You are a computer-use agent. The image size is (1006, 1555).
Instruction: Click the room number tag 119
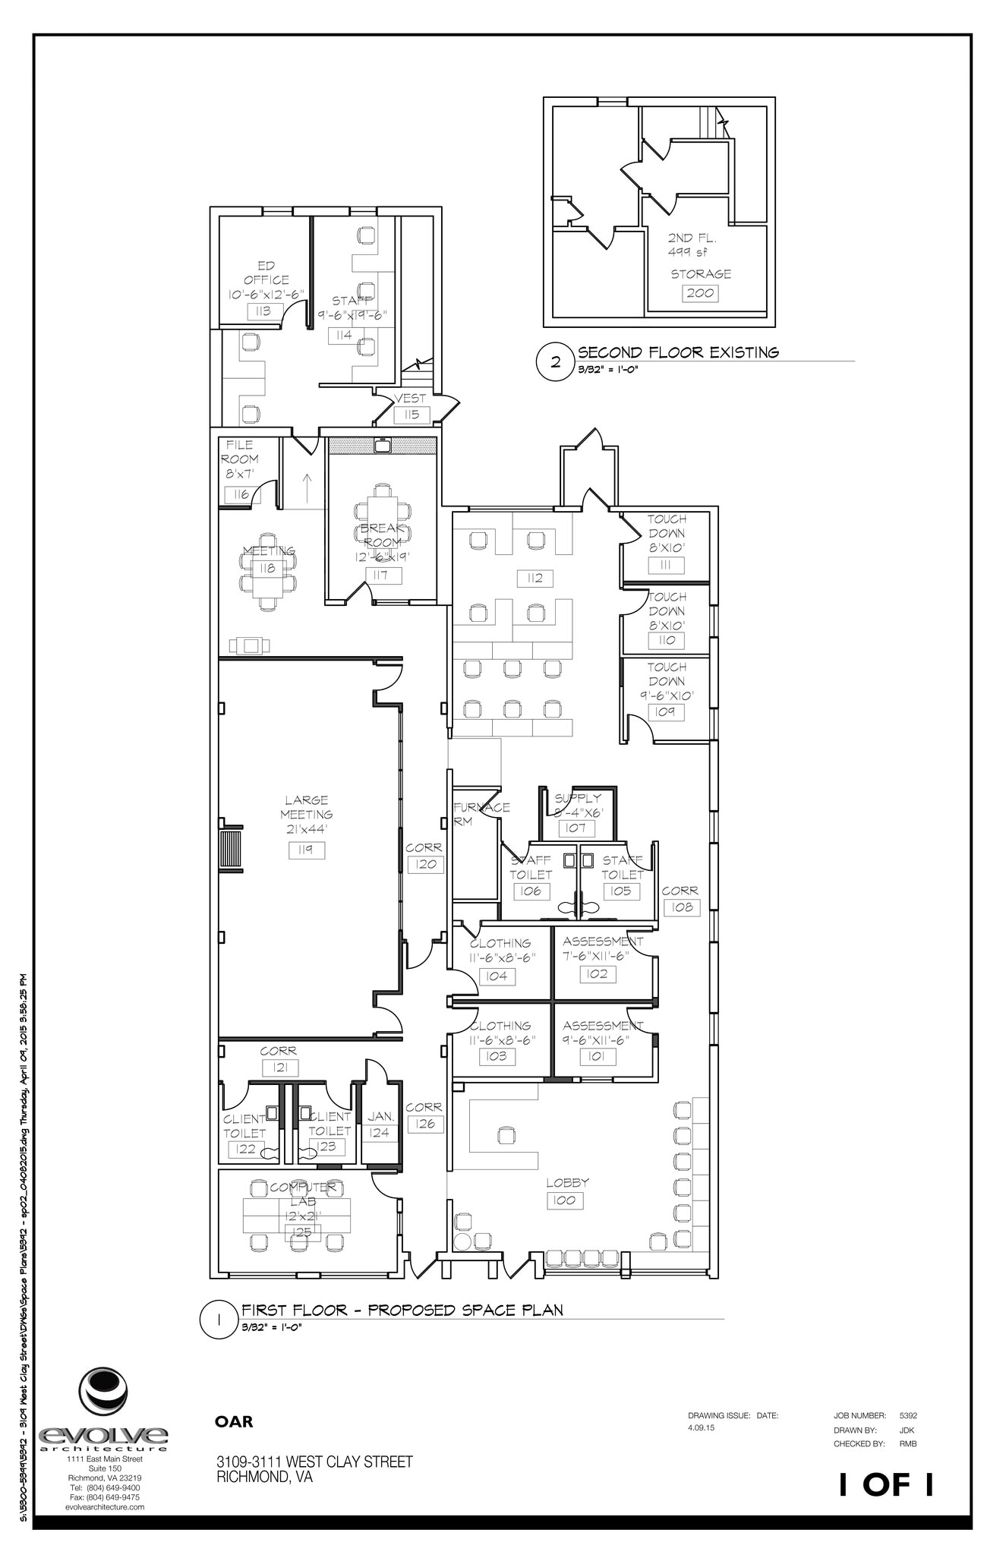[307, 850]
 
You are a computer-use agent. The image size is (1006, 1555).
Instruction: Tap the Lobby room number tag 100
[565, 1200]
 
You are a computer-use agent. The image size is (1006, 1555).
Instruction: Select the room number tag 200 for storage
[701, 293]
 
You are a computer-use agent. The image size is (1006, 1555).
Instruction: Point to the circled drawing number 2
[556, 362]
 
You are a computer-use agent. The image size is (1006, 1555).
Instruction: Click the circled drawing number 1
[219, 789]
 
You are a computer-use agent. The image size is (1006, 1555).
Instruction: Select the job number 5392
[908, 1416]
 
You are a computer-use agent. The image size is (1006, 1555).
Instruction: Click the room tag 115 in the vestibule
[412, 415]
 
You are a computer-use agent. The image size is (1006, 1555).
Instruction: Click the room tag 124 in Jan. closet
[379, 1133]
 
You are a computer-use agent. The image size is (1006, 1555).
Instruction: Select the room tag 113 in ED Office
[264, 311]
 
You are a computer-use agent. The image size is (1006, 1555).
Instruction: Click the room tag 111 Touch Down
[666, 566]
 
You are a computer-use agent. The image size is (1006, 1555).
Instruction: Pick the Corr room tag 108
[681, 907]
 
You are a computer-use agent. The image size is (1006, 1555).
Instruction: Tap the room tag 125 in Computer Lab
[302, 1232]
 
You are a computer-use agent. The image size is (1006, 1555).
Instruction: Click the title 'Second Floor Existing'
[678, 352]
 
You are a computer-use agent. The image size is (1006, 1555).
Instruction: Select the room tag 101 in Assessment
[598, 1056]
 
